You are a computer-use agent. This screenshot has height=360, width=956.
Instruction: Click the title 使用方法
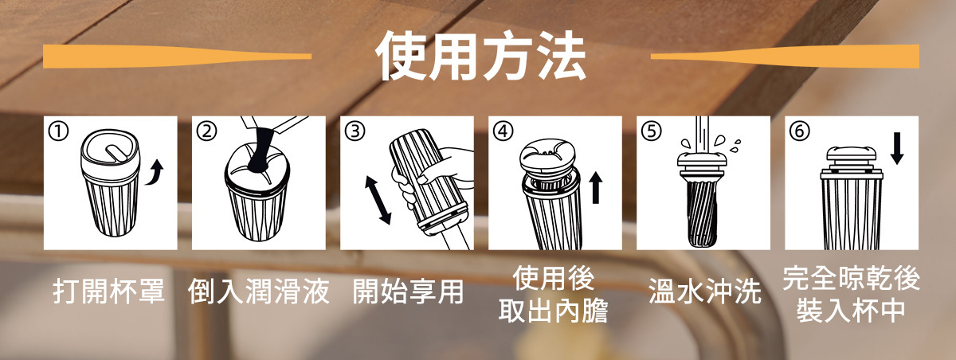tap(481, 57)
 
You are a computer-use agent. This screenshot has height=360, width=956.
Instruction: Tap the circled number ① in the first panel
tap(58, 131)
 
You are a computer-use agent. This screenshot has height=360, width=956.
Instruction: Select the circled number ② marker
tap(206, 131)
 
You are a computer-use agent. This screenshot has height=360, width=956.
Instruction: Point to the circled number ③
tap(355, 131)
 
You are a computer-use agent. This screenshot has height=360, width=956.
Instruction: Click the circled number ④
tap(503, 131)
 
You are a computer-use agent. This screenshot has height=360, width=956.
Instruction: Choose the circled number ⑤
tap(652, 131)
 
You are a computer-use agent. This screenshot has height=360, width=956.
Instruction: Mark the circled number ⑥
tap(799, 131)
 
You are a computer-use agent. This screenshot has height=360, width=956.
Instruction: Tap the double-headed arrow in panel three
tap(378, 200)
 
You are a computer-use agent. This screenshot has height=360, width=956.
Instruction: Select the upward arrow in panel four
tap(596, 188)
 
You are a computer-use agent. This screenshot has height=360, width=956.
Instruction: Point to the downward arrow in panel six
tap(897, 148)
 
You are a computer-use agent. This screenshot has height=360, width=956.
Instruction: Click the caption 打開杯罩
tap(109, 292)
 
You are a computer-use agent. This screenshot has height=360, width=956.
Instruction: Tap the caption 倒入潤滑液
tap(259, 292)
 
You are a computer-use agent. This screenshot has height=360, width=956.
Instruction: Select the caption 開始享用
tap(408, 292)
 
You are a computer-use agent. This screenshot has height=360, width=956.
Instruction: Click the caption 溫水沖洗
tap(704, 292)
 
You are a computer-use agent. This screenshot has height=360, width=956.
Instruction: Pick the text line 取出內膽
tap(554, 311)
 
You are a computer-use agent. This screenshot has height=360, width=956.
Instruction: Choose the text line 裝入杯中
tap(851, 311)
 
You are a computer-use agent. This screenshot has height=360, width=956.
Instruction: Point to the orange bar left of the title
tap(177, 57)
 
